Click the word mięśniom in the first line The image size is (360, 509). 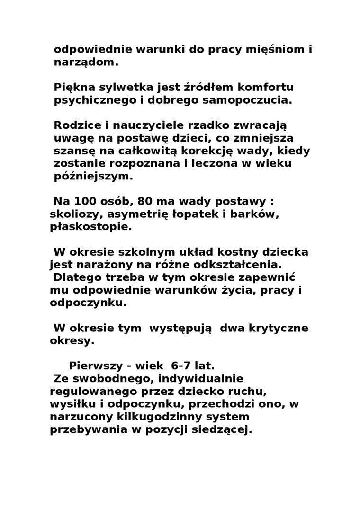(x=273, y=49)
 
